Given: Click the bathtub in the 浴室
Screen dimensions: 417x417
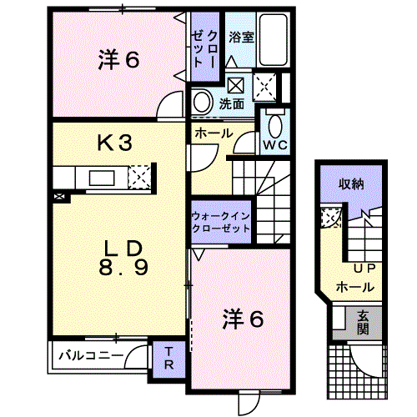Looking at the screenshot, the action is pyautogui.click(x=273, y=39).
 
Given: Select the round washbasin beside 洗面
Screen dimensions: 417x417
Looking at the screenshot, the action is pyautogui.click(x=202, y=102).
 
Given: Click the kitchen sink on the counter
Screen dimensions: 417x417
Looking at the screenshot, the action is pyautogui.click(x=102, y=178).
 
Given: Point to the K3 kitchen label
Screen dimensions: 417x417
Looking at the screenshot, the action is pyautogui.click(x=114, y=143).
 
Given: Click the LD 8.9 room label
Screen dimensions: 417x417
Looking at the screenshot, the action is pyautogui.click(x=123, y=258).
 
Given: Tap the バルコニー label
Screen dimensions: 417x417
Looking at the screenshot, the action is pyautogui.click(x=91, y=355).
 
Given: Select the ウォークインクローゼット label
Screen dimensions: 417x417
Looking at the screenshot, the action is pyautogui.click(x=221, y=223).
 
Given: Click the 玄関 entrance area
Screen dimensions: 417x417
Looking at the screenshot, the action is pyautogui.click(x=363, y=323).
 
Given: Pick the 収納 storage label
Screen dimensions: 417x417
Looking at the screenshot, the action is pyautogui.click(x=351, y=184).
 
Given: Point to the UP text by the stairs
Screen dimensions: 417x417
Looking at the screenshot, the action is pyautogui.click(x=364, y=269).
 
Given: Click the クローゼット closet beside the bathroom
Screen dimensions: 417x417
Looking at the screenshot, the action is pyautogui.click(x=205, y=47).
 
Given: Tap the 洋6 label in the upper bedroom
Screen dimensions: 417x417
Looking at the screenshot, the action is pyautogui.click(x=118, y=60).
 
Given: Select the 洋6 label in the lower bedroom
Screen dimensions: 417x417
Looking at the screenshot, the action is pyautogui.click(x=243, y=319).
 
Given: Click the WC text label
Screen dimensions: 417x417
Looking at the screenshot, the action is pyautogui.click(x=275, y=145).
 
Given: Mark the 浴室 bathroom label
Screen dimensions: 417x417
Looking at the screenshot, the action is pyautogui.click(x=241, y=38).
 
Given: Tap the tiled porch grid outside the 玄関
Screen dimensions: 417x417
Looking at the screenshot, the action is pyautogui.click(x=358, y=372).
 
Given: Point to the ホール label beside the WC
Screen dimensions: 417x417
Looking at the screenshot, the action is pyautogui.click(x=214, y=133).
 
